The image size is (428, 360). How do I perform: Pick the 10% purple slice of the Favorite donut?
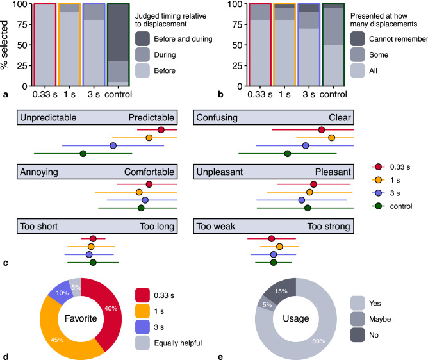60,291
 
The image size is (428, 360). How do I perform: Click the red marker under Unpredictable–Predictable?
161,130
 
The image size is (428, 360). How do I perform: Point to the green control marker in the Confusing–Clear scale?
287,153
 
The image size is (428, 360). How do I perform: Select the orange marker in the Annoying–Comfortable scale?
139,192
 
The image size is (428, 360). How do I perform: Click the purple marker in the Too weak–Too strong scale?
273,254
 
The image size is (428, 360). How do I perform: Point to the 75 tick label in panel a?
22,24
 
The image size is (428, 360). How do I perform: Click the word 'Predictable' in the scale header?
151,118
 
